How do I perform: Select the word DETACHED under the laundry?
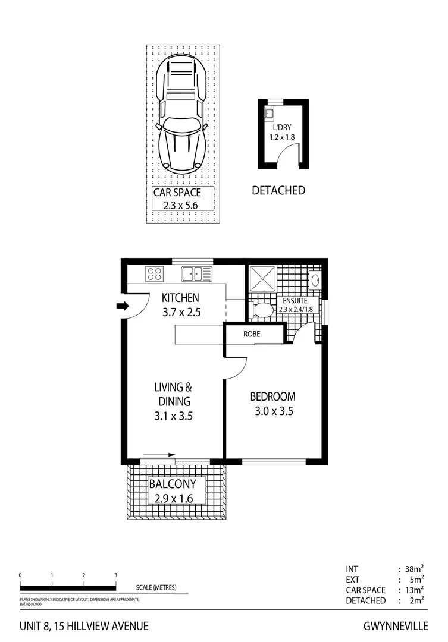coord(278,190)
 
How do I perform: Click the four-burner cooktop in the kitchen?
coord(155,274)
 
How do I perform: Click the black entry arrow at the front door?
coord(123,306)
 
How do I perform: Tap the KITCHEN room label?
coord(180,298)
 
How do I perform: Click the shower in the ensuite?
coord(262,279)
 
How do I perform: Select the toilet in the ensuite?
coord(262,310)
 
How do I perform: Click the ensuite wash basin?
coord(315,279)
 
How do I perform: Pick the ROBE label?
coord(252,334)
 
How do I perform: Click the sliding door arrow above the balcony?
coord(159,455)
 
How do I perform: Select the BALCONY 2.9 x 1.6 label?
coord(176,491)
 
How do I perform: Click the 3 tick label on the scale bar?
coord(115,575)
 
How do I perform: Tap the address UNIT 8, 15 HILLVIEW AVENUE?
coord(84,626)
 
